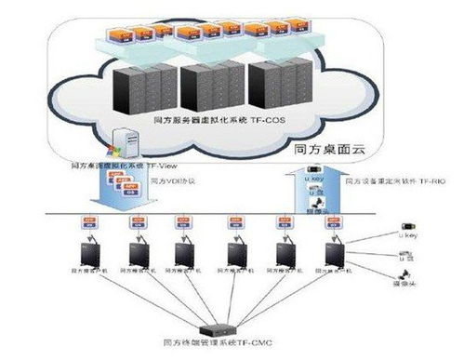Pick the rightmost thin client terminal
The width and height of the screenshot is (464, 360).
coord(332,251)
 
